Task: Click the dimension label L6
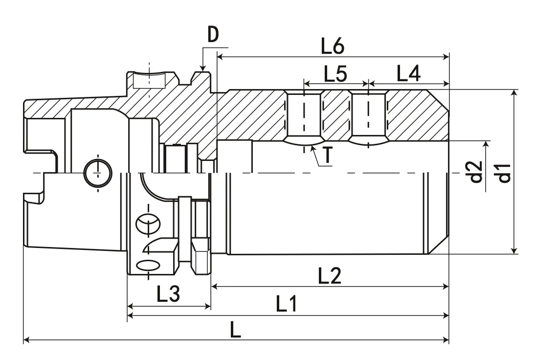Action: tap(333, 46)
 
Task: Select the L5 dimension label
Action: tap(335, 74)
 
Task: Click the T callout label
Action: tap(328, 156)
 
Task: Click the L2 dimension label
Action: tap(330, 276)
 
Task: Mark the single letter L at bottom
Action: tap(236, 331)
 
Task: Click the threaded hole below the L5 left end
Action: tap(304, 116)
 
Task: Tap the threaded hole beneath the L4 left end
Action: tap(369, 116)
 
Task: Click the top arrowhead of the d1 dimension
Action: tap(514, 92)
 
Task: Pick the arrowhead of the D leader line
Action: tap(203, 68)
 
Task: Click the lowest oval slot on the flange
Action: tap(149, 265)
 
